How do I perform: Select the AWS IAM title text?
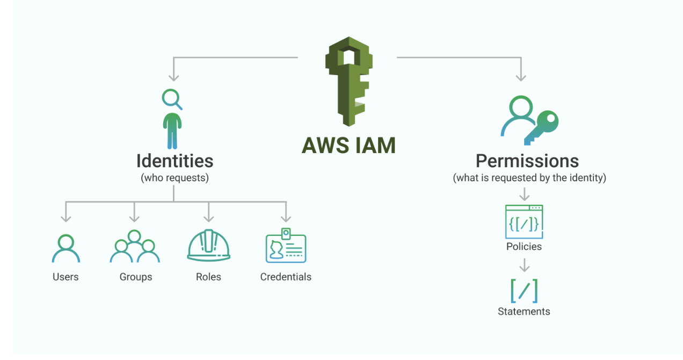coord(348,146)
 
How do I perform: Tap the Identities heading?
coord(175,161)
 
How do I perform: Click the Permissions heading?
coord(527,161)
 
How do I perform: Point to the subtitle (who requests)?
coord(175,178)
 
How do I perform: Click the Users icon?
coord(66,248)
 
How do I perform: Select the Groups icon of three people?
coord(135,247)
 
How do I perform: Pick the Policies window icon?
coord(524,221)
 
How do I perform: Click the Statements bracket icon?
coord(524,291)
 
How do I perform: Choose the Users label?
coord(66,277)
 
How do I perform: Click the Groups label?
coord(136,277)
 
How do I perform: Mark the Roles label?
coord(208,277)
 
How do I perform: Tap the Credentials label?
coord(286,277)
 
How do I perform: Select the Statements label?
coord(524,312)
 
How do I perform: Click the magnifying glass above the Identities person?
coord(171,99)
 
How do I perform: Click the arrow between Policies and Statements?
coord(525,265)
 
